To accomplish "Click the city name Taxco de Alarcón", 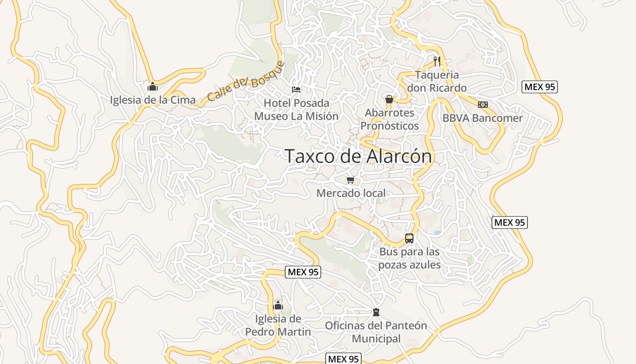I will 358,156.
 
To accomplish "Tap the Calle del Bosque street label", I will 245,81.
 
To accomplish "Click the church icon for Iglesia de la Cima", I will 153,86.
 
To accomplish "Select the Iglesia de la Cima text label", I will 153,100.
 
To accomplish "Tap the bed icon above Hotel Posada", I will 296,89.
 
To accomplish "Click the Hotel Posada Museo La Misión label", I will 296,110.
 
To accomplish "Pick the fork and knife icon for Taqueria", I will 437,61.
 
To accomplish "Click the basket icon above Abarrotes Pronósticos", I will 389,99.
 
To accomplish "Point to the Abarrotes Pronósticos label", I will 389,119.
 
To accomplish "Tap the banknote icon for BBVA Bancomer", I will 483,105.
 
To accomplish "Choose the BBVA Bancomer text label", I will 483,118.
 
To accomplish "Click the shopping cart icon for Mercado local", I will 350,180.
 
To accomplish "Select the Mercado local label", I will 351,193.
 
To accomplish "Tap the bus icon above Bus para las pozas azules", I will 409,238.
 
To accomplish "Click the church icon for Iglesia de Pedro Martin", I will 278,305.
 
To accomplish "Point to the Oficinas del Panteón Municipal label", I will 376,332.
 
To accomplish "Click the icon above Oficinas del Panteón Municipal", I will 376,312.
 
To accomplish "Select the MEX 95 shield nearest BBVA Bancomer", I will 539,87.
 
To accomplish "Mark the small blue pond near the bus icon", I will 437,232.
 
